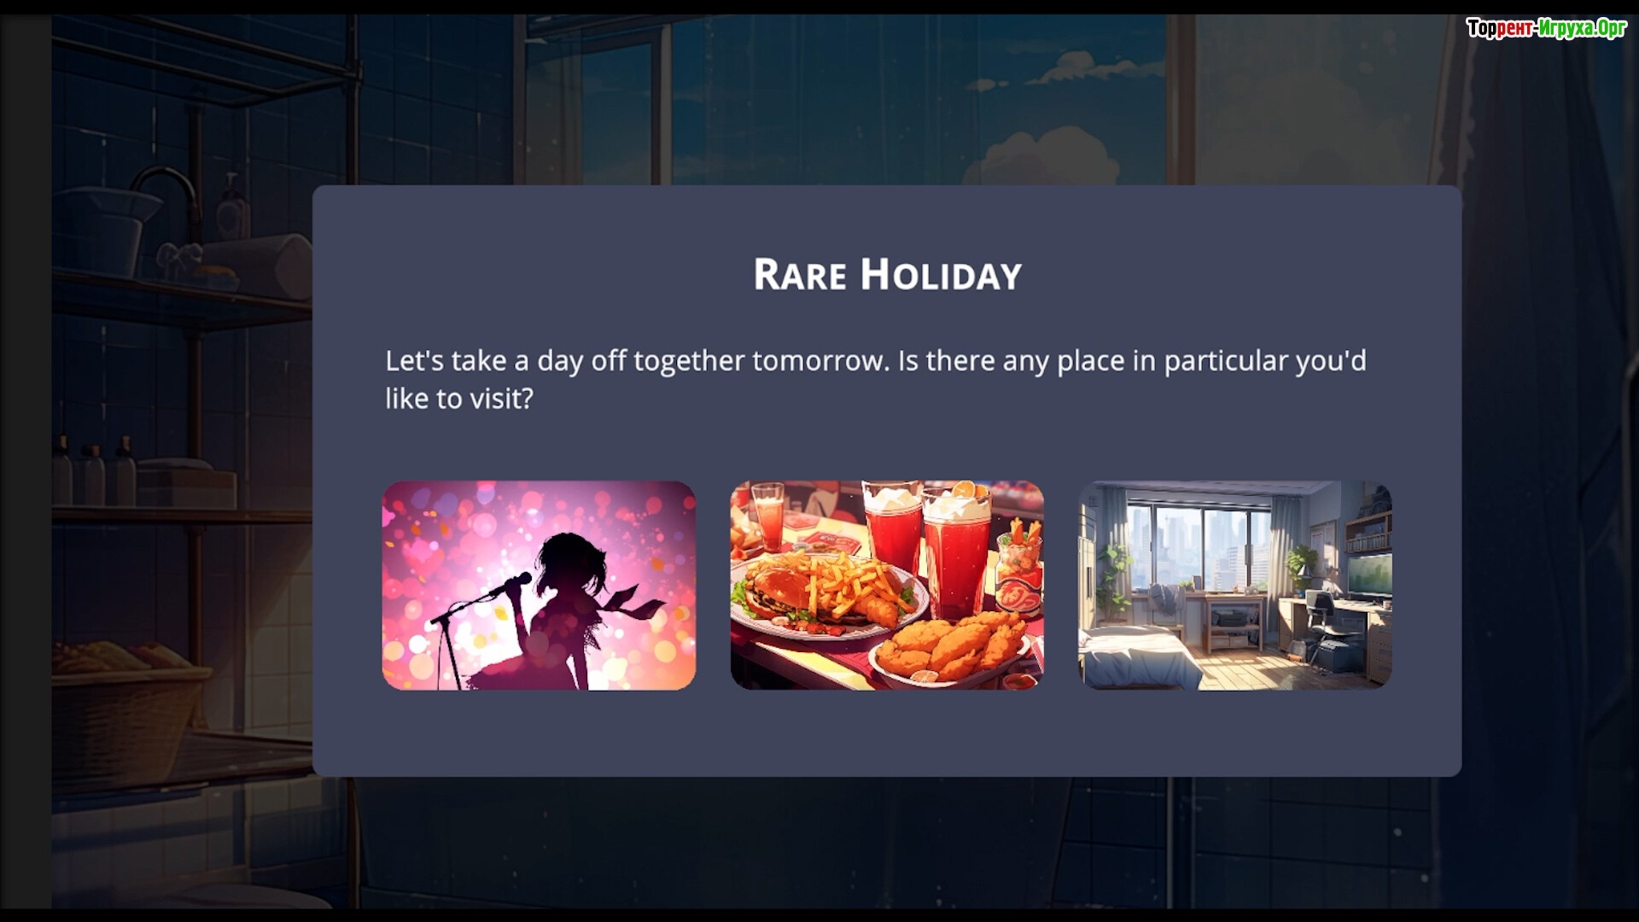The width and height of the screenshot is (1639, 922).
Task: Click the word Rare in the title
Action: click(x=800, y=275)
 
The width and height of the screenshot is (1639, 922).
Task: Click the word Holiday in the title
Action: click(x=941, y=275)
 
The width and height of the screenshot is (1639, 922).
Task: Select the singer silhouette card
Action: click(x=539, y=585)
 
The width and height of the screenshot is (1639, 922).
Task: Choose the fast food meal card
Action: click(x=887, y=585)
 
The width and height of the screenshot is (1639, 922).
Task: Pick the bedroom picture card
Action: click(x=1235, y=585)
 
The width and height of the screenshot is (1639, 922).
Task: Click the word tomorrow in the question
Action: click(x=820, y=361)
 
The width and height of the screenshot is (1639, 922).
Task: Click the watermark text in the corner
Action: click(x=1546, y=28)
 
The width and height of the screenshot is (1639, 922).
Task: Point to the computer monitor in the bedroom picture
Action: click(x=1368, y=573)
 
